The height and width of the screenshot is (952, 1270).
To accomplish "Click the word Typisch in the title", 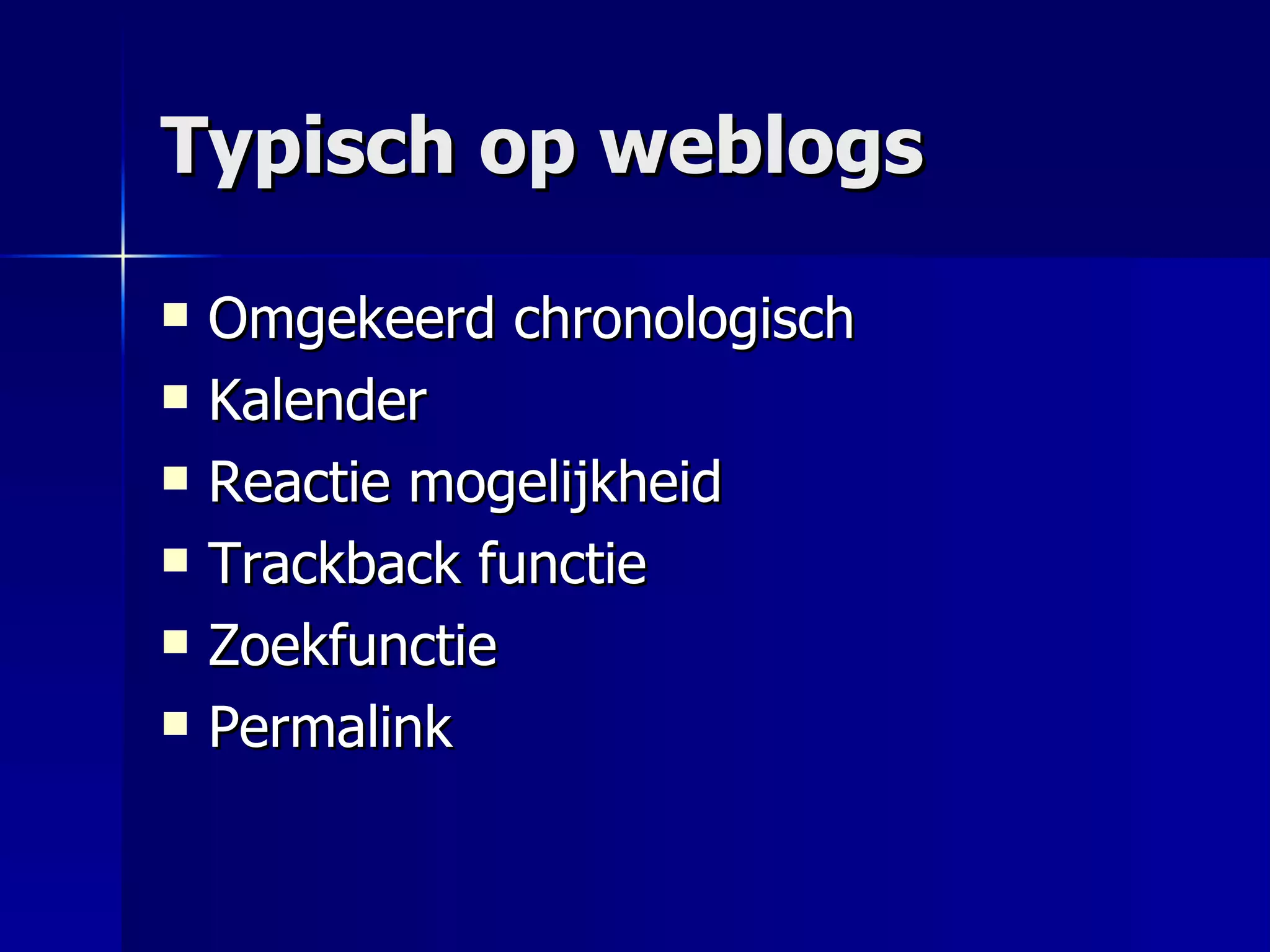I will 308,149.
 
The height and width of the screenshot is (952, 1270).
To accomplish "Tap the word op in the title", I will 527,152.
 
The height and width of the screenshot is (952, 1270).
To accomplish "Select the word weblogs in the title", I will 763,149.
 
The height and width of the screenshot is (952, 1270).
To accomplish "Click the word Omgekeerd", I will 351,319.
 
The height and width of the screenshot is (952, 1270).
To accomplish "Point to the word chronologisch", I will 683,319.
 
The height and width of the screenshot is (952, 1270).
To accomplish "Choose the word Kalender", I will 317,401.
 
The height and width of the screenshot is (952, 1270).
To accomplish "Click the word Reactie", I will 300,482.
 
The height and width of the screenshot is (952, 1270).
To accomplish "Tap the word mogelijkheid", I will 564,483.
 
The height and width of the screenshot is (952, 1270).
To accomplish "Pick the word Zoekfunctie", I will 352,645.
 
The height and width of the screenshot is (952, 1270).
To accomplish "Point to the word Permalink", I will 331,728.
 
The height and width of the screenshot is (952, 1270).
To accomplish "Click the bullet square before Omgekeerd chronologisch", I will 175,314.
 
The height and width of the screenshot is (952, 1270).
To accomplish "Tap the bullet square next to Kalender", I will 175,397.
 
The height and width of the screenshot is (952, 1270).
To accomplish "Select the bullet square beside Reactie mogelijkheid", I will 175,478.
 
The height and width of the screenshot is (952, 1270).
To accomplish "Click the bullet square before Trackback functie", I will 175,560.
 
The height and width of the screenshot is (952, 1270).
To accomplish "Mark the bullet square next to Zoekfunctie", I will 175,642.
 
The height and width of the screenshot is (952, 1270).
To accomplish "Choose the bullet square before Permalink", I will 175,723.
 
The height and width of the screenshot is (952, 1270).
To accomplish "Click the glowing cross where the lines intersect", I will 123,255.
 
